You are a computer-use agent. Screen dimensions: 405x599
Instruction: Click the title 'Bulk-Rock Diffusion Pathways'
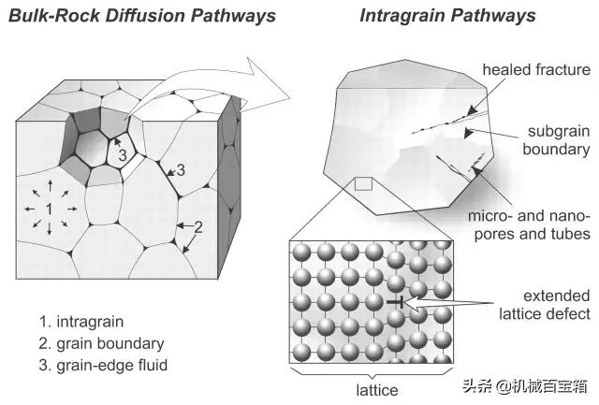(x=142, y=16)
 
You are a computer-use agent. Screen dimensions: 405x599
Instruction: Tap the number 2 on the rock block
(x=197, y=226)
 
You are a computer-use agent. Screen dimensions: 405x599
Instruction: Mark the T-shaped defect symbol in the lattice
(x=397, y=302)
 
